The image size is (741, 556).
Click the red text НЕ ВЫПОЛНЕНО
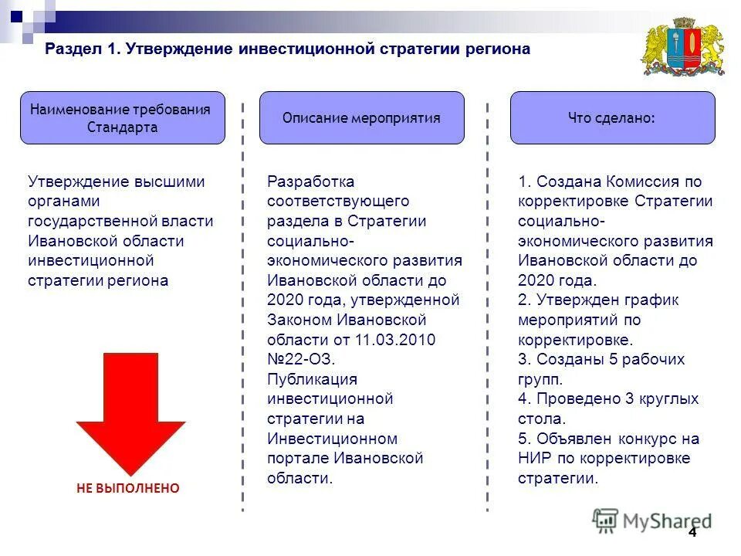[127, 488]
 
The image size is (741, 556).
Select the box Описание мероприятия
[361, 117]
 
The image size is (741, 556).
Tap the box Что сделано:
[612, 117]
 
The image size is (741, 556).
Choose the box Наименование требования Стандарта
[122, 117]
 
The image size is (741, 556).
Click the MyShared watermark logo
[652, 520]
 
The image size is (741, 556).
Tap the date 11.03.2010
[395, 340]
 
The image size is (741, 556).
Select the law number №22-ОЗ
[300, 359]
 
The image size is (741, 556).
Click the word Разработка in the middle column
[311, 181]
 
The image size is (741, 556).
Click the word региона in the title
[498, 49]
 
